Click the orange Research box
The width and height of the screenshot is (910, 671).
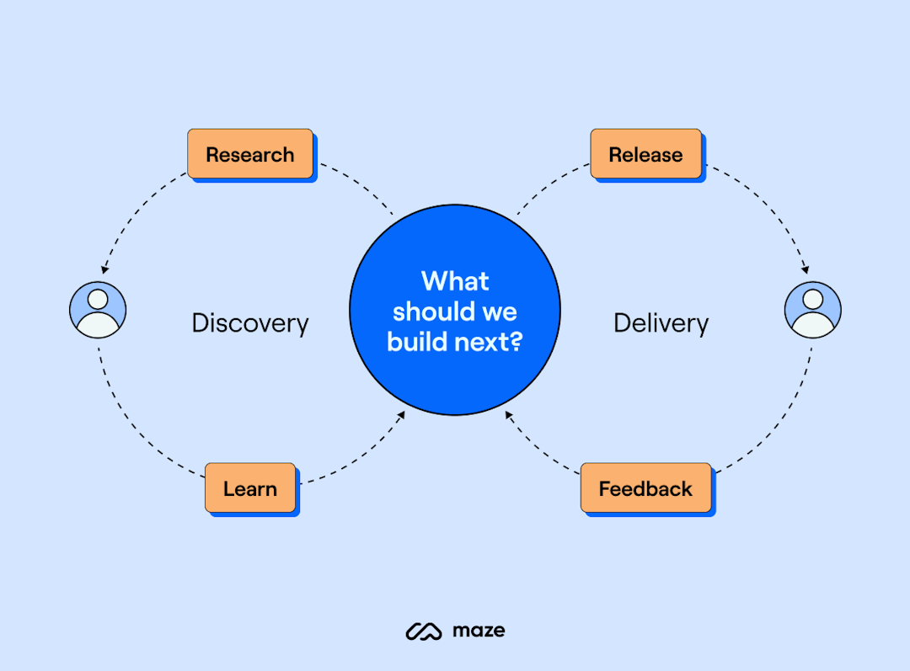point(250,154)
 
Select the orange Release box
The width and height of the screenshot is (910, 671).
point(645,154)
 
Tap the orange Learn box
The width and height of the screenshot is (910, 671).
point(250,488)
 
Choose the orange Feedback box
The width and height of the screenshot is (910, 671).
point(645,488)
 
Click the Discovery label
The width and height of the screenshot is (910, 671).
point(250,323)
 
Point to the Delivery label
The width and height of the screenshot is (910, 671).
point(661,323)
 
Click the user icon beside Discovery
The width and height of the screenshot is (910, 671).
point(98,310)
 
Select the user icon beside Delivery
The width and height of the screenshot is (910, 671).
point(812,310)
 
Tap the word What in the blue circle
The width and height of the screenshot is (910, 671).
point(455,280)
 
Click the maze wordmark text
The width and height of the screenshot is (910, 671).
point(479,630)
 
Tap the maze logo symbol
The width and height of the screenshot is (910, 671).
point(424,631)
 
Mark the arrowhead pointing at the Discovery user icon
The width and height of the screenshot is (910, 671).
point(104,269)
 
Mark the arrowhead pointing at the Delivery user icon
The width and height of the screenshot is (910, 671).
point(806,269)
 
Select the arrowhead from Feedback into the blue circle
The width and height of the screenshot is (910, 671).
point(508,415)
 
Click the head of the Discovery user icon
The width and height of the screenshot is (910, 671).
point(98,299)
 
